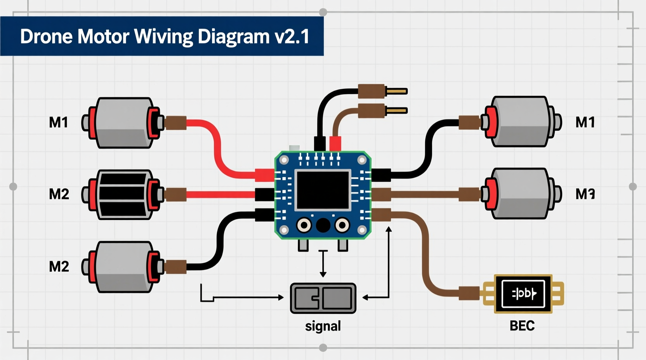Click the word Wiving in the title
pyautogui.click(x=163, y=36)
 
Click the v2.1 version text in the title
pyautogui.click(x=292, y=36)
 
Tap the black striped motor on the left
pyautogui.click(x=124, y=194)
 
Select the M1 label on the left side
pyautogui.click(x=59, y=123)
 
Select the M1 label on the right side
pyautogui.click(x=585, y=123)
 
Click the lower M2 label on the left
pyautogui.click(x=59, y=267)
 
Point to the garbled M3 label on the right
pyautogui.click(x=585, y=194)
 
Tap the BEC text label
pyautogui.click(x=522, y=326)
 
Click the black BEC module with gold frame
pyautogui.click(x=523, y=294)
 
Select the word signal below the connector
pyautogui.click(x=323, y=326)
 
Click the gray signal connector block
pyautogui.click(x=323, y=298)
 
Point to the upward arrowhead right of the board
pyautogui.click(x=389, y=230)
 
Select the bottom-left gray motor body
pyautogui.click(x=124, y=267)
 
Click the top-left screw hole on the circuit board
pyautogui.click(x=284, y=160)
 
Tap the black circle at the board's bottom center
pyautogui.click(x=323, y=225)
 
